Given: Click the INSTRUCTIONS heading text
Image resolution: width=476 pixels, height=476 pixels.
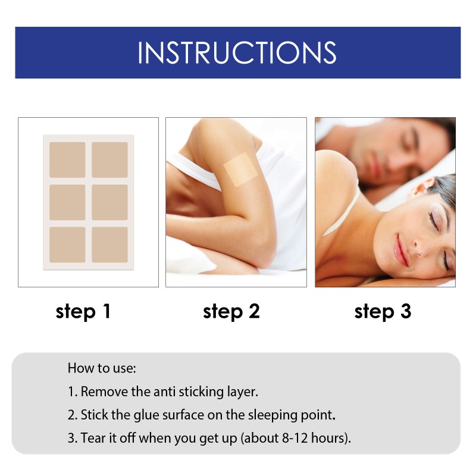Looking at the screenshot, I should tap(237, 52).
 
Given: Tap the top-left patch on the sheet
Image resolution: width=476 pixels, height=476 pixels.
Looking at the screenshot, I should tap(67, 159).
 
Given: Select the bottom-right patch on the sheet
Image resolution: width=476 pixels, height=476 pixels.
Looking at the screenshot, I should tap(110, 245).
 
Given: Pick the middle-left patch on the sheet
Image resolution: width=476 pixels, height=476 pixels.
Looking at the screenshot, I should tap(67, 202).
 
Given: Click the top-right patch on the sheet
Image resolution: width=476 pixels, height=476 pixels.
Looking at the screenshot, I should tap(110, 159).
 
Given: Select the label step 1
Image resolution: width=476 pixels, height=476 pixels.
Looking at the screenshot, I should tap(83, 311).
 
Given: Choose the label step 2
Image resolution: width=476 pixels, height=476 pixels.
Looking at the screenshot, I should tap(231, 311).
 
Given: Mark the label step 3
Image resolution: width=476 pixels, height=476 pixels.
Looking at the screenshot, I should tap(383, 311).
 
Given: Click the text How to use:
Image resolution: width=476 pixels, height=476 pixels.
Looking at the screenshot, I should tap(102, 368).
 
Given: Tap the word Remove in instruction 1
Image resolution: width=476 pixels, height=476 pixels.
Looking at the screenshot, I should tap(102, 392).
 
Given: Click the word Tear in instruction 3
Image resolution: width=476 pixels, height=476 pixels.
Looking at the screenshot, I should tap(92, 439).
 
